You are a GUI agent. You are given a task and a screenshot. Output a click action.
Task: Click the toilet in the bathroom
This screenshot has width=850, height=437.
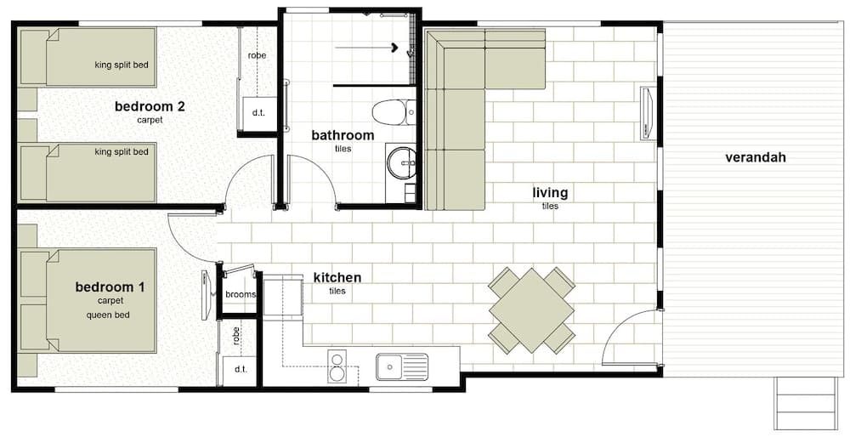394,112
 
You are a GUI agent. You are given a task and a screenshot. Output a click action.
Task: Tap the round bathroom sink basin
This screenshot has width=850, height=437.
400,162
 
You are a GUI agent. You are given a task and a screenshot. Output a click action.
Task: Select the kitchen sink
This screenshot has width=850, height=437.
402,367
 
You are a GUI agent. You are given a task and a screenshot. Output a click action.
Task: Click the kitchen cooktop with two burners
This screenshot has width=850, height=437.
337,366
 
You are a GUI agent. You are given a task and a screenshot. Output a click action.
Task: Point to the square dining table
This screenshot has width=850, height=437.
531,310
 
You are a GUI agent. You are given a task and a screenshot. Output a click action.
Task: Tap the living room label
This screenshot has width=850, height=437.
550,192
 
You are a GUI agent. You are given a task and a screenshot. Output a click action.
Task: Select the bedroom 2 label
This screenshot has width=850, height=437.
150,106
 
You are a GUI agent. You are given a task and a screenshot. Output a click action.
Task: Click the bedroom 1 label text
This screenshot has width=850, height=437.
110,287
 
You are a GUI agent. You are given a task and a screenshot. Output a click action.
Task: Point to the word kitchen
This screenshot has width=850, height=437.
337,278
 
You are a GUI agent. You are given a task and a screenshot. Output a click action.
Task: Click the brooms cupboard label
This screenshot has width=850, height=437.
241,294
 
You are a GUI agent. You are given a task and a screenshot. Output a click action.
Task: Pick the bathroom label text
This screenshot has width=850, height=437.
343,135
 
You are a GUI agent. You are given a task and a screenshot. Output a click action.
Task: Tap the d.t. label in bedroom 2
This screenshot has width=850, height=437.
258,113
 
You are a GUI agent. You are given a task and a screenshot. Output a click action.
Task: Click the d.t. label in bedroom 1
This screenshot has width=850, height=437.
241,369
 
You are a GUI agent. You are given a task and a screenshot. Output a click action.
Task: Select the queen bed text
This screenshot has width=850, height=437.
108,315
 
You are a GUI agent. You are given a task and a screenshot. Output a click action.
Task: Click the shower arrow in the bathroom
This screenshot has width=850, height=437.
365,48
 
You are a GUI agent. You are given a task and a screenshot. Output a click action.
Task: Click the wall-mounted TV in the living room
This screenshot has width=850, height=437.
647,113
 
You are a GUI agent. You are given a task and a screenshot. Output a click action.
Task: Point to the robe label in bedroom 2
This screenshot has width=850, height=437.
258,55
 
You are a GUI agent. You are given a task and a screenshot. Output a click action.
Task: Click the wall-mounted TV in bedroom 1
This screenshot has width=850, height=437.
206,296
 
